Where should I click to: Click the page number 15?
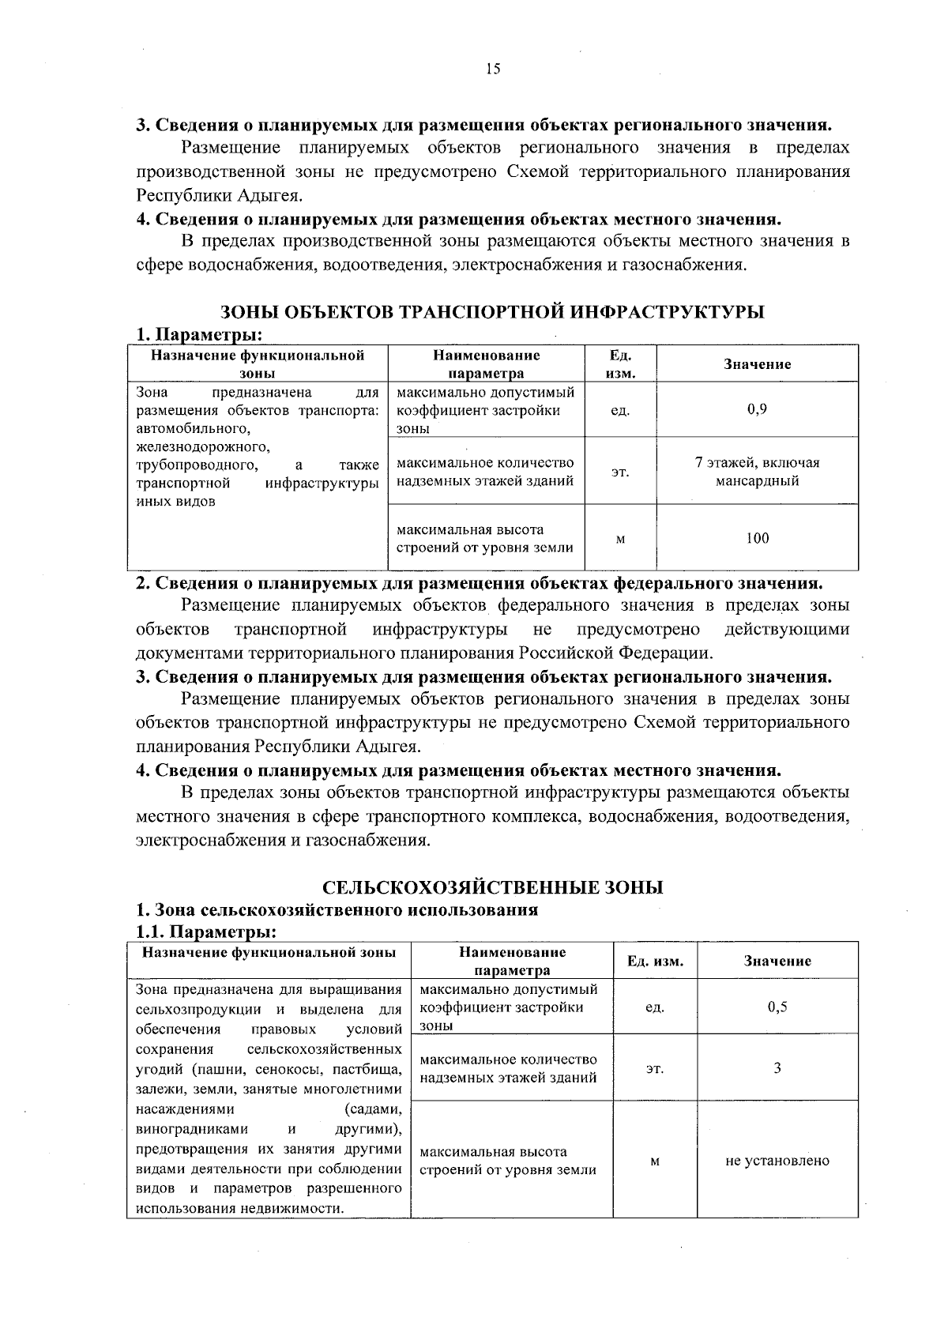(493, 69)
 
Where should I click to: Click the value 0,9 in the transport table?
(757, 409)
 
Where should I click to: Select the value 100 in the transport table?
(757, 538)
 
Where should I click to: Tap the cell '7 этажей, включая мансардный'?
(757, 472)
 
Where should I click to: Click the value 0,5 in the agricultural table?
(777, 1007)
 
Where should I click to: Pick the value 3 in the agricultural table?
(777, 1067)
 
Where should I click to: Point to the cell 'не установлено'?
(777, 1160)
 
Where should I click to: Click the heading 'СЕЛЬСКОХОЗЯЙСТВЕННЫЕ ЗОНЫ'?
(493, 887)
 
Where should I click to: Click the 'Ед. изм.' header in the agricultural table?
(655, 961)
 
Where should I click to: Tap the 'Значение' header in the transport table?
(757, 364)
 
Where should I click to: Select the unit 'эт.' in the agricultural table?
(655, 1068)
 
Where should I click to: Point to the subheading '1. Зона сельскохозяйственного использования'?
(337, 909)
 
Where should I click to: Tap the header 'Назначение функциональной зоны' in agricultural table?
(269, 952)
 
